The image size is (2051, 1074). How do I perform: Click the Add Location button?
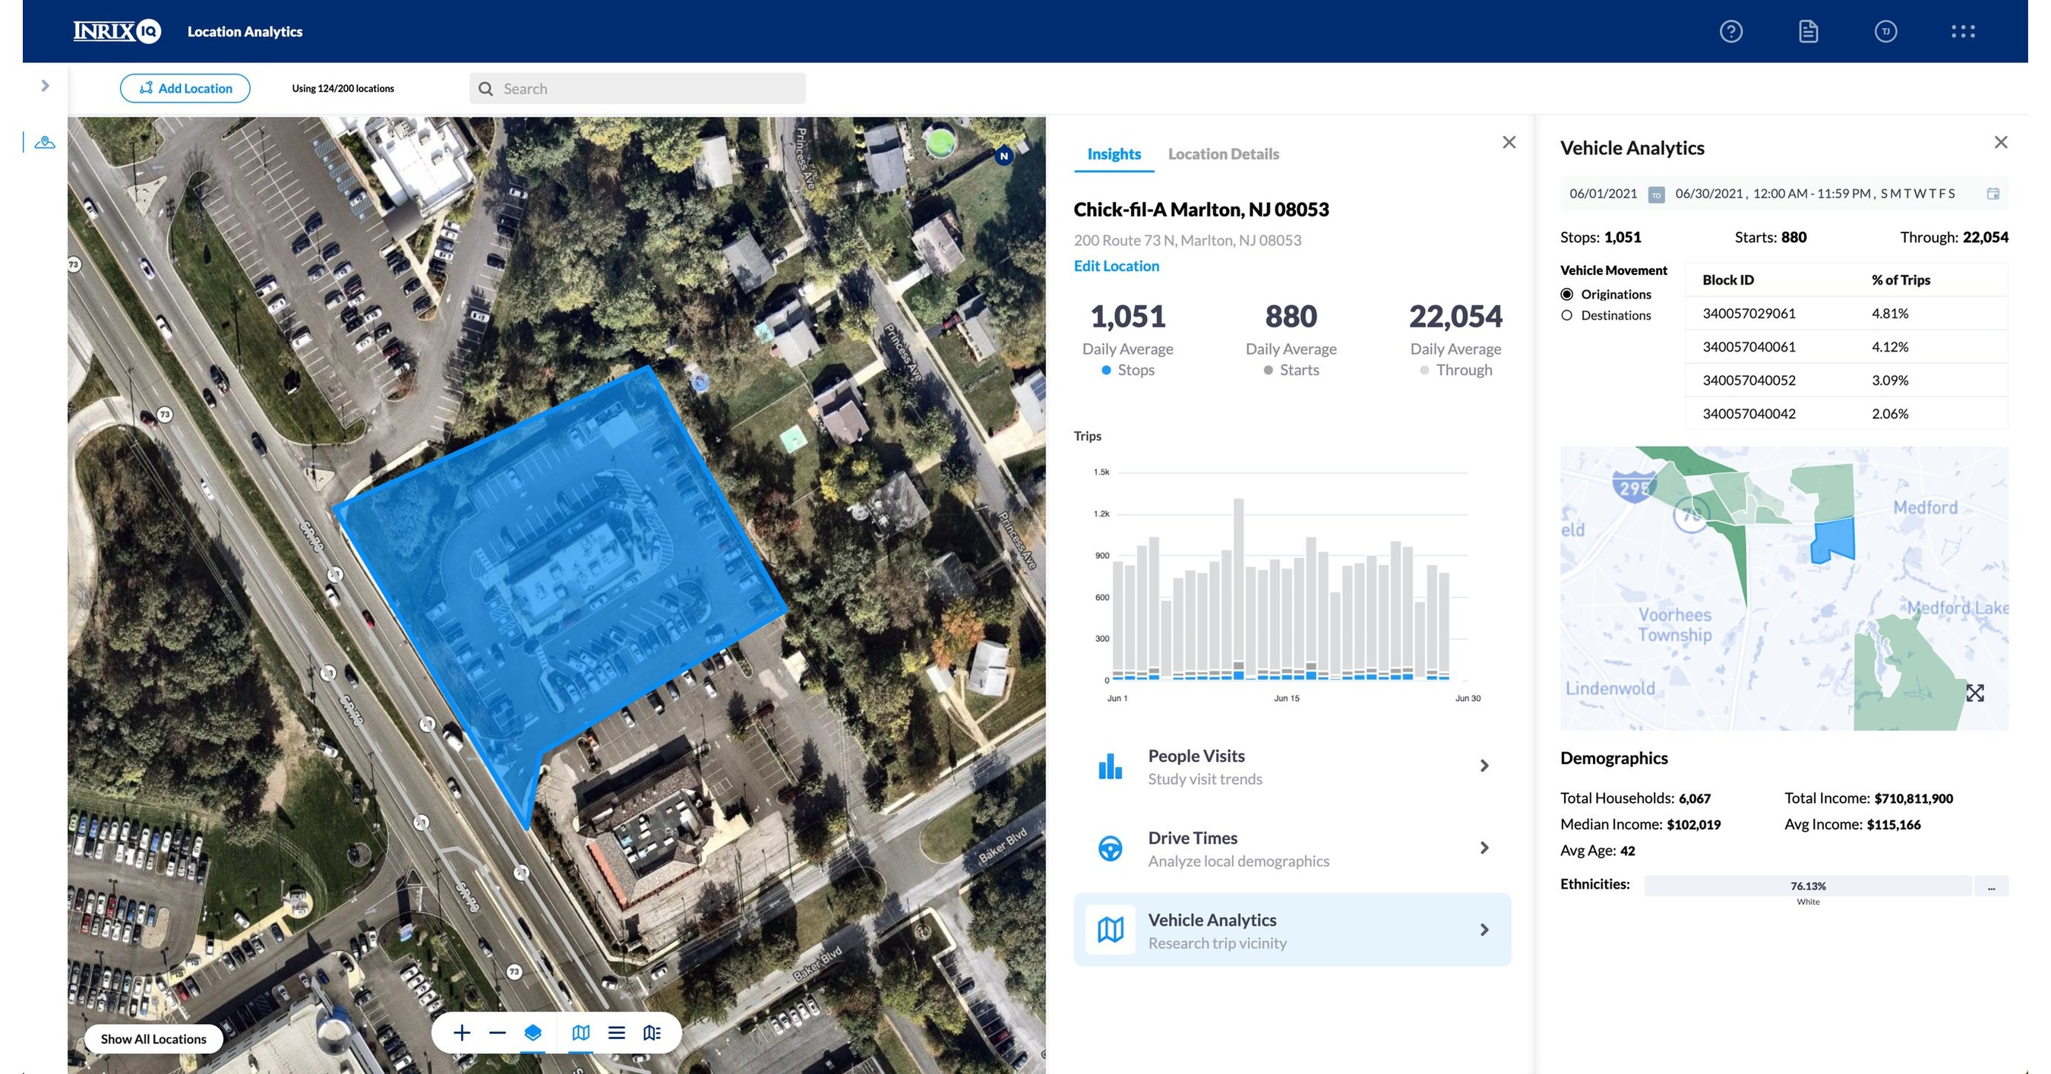pos(185,88)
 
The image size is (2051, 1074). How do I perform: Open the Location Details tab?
pos(1223,153)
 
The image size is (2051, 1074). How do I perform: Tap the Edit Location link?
pos(1116,266)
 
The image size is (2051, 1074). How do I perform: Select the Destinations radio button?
pos(1567,315)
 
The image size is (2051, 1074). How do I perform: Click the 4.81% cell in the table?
pos(1889,314)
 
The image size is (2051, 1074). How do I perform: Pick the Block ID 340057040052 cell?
pos(1749,381)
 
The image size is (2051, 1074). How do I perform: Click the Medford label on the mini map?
pos(1924,507)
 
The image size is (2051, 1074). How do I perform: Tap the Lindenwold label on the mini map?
pos(1609,689)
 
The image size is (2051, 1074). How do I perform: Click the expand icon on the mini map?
pos(1974,693)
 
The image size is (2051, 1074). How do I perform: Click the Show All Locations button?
pos(153,1039)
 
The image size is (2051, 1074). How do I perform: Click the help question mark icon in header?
pos(1731,32)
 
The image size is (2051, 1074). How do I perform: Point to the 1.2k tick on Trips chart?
pos(1101,514)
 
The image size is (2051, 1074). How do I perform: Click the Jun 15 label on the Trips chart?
pos(1286,698)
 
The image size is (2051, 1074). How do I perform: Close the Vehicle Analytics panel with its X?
pos(2000,143)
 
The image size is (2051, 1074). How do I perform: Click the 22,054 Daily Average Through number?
pos(1455,317)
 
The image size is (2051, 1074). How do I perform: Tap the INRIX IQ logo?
pos(117,31)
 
